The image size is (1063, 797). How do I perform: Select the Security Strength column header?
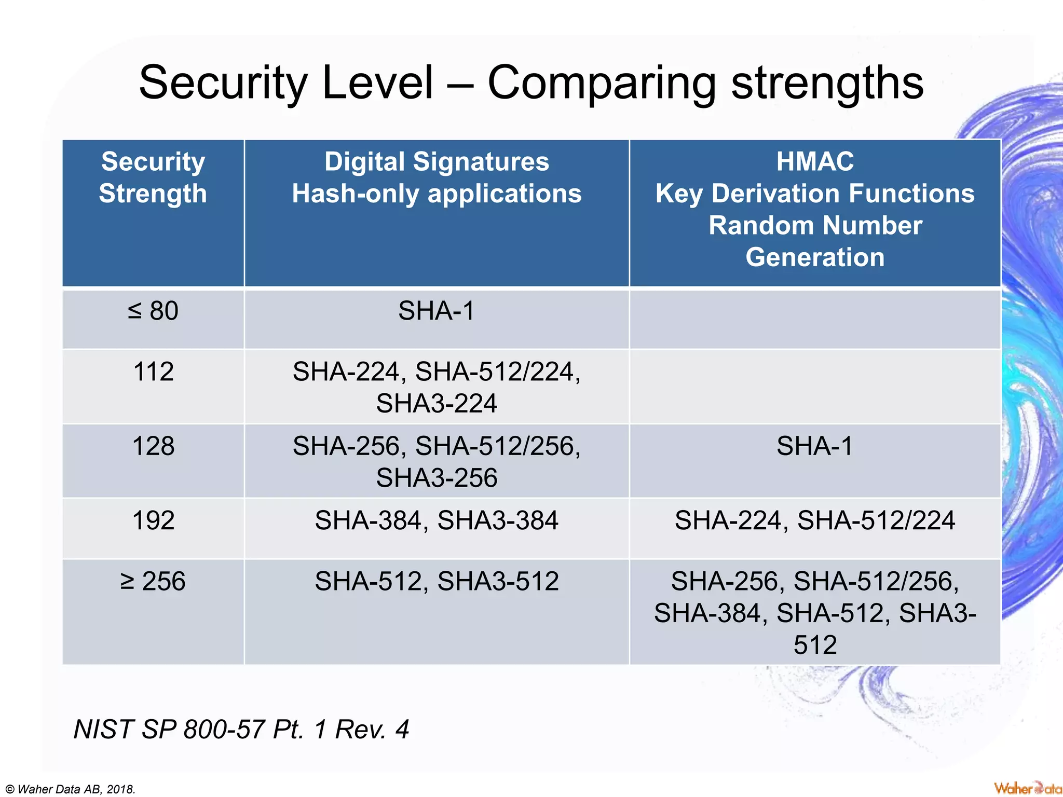tap(153, 177)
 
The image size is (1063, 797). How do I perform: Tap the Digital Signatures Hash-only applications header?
tap(437, 177)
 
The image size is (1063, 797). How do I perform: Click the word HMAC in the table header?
tap(814, 161)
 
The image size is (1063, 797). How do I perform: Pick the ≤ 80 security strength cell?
tap(153, 311)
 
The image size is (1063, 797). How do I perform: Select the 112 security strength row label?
tap(153, 372)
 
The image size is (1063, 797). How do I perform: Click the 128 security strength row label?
tap(153, 446)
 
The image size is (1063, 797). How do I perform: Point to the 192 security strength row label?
tap(153, 520)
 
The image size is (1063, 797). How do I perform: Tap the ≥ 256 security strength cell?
tap(153, 581)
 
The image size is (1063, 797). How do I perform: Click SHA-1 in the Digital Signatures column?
tap(437, 311)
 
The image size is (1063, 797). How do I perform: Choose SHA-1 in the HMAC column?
tap(814, 446)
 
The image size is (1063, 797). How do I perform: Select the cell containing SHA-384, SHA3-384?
tap(437, 520)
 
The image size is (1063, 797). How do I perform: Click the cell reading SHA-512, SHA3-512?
tap(437, 581)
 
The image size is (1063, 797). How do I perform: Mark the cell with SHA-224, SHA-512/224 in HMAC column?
tap(814, 520)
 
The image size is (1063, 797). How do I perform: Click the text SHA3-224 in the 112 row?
tap(437, 404)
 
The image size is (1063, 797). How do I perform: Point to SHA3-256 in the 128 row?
tap(437, 478)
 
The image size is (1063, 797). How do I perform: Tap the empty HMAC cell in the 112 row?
tap(814, 387)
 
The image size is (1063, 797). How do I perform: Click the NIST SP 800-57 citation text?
tap(241, 729)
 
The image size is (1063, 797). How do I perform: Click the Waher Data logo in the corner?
tap(1027, 788)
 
